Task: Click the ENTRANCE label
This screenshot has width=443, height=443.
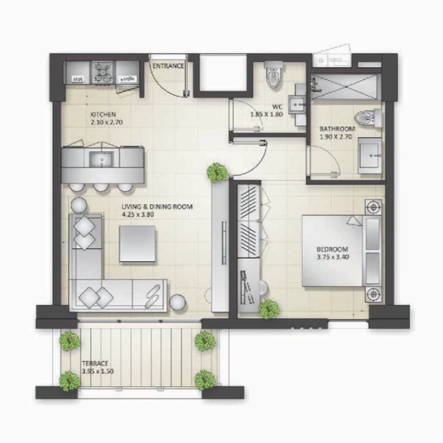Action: coord(168,66)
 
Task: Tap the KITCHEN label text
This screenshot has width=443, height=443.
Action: coord(103,115)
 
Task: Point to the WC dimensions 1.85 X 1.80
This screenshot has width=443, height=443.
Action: coord(267,115)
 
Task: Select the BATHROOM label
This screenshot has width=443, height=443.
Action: coord(337,129)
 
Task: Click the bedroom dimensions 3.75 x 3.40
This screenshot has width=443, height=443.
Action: coord(333,257)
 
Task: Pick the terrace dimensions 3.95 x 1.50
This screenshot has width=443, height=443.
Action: coord(98,371)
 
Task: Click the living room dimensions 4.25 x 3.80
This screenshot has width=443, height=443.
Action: coord(138,215)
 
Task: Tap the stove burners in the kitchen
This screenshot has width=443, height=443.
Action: coord(103,72)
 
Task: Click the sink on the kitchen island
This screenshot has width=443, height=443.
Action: coord(101,159)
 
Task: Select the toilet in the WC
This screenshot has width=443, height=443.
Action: coord(274,75)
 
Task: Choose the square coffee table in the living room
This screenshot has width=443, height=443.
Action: coord(137,244)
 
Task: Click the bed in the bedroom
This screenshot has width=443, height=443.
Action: coord(342,251)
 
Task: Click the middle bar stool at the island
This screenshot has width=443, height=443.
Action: coord(101,186)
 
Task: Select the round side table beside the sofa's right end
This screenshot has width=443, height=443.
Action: coord(178,303)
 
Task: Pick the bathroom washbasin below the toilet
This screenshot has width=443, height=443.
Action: coord(370,155)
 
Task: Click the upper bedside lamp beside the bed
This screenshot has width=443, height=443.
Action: coord(373,208)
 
